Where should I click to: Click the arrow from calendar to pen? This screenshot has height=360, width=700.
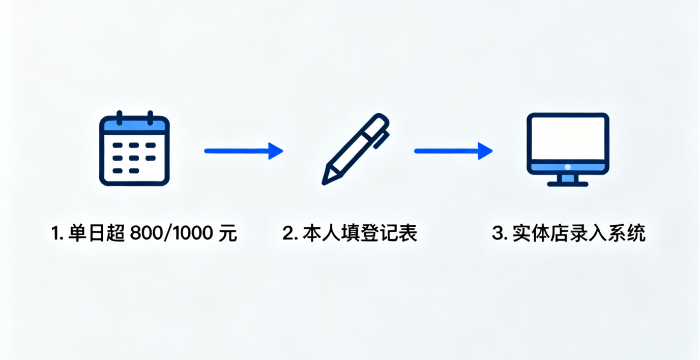coord(243,151)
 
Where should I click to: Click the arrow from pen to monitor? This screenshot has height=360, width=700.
coord(453,151)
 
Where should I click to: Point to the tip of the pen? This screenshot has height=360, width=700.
coord(326,180)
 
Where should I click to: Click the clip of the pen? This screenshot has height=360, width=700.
coord(381,139)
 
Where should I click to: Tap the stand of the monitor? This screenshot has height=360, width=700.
coord(567,181)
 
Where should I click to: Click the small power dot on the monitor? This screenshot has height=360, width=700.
coord(568,167)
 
